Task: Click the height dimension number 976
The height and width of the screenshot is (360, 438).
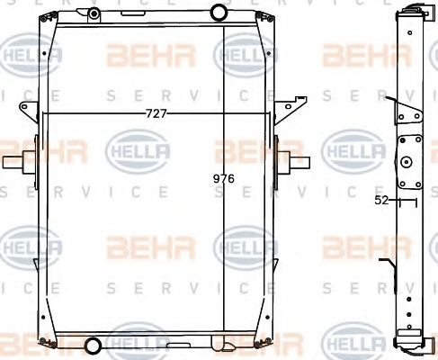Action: click(x=225, y=179)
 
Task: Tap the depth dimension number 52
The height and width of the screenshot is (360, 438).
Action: click(x=381, y=201)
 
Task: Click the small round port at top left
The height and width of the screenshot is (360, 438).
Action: click(x=94, y=13)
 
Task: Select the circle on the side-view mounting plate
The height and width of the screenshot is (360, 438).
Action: click(x=406, y=163)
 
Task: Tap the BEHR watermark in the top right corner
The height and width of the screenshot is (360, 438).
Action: click(x=353, y=56)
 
